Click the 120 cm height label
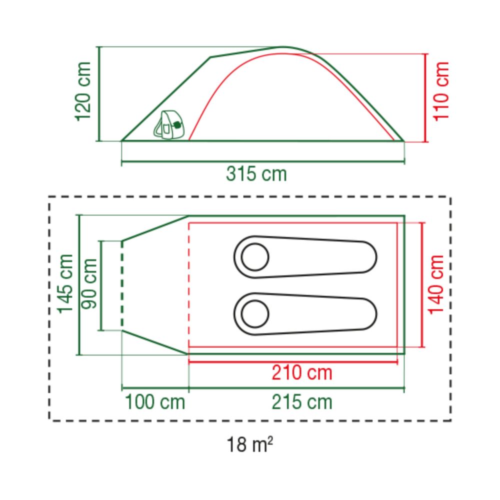tap(83, 92)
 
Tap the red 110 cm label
tap(441, 91)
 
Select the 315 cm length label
tap(256, 174)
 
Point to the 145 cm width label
tap(65, 284)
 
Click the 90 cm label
tap(89, 284)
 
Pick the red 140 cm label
tap(436, 285)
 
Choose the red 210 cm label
tap(301, 372)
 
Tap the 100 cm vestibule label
tap(155, 402)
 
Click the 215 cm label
tap(301, 402)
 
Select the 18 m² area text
tap(249, 444)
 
